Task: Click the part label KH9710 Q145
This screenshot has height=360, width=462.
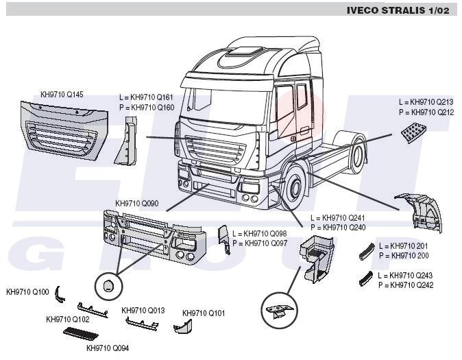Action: (x=62, y=94)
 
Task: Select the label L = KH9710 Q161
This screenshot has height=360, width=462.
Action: (x=146, y=97)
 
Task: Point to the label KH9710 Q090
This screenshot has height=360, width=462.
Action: (x=137, y=204)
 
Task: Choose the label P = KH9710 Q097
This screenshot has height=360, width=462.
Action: (x=259, y=243)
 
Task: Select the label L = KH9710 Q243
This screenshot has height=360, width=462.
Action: (x=405, y=276)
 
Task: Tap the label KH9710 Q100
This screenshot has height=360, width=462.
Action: (x=27, y=292)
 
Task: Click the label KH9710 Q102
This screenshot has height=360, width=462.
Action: (x=68, y=319)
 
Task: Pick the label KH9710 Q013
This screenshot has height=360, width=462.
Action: (x=143, y=310)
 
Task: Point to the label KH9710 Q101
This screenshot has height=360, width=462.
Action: (x=204, y=313)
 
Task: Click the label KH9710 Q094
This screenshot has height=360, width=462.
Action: (x=108, y=347)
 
